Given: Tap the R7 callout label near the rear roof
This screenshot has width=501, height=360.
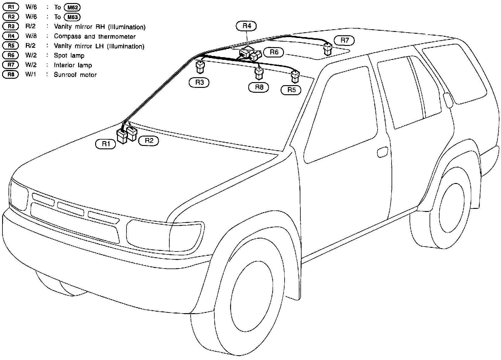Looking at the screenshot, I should pyautogui.click(x=344, y=40).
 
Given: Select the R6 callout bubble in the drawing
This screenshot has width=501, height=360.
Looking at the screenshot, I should pyautogui.click(x=274, y=52).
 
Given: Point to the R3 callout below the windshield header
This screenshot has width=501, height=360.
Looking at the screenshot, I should pyautogui.click(x=199, y=82).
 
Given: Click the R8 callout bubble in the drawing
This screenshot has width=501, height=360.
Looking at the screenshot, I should pyautogui.click(x=259, y=88).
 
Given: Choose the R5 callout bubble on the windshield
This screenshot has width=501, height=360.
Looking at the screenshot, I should pyautogui.click(x=291, y=90).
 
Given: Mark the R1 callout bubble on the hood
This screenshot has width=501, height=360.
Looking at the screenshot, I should pyautogui.click(x=105, y=144).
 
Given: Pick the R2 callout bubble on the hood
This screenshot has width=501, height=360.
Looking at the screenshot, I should pyautogui.click(x=148, y=141).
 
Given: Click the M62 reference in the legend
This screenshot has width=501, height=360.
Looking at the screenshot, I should pyautogui.click(x=73, y=7).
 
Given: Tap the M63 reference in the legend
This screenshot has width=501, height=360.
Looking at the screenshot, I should pyautogui.click(x=73, y=17).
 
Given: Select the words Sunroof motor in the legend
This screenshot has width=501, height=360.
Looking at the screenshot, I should pyautogui.click(x=75, y=75).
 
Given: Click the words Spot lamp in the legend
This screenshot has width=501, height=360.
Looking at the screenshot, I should pyautogui.click(x=69, y=56).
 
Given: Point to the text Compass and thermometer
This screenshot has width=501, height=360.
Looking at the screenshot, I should pyautogui.click(x=95, y=36).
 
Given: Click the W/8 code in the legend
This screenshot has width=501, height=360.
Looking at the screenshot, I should pyautogui.click(x=31, y=36).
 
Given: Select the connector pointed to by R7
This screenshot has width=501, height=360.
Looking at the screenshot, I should pyautogui.click(x=328, y=49).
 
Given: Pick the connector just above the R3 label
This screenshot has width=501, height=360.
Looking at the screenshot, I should pyautogui.click(x=200, y=67).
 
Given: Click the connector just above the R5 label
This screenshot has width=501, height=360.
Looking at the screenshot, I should pyautogui.click(x=295, y=76).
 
